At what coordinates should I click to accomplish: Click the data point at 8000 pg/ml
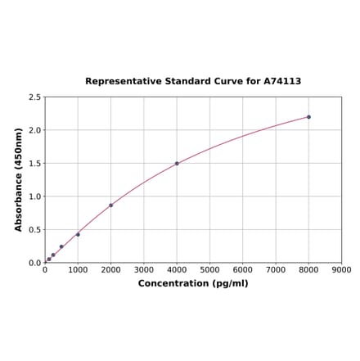click(308, 117)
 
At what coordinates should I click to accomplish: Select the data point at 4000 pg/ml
click(177, 164)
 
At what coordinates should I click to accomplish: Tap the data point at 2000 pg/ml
click(110, 205)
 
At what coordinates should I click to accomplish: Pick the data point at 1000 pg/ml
click(78, 235)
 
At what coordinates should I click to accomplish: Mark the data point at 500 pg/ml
click(61, 247)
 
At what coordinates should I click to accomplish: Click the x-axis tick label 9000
click(341, 269)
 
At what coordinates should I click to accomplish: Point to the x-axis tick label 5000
click(209, 269)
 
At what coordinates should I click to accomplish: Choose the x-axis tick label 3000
click(144, 269)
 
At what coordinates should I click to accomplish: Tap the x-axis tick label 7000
click(276, 269)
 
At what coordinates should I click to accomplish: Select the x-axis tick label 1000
click(78, 269)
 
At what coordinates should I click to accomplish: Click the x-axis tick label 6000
click(243, 269)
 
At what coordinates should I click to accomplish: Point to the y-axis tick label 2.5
click(35, 97)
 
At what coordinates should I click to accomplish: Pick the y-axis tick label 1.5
click(35, 164)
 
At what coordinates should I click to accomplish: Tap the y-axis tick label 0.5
click(35, 230)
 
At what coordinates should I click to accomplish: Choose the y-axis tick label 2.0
click(35, 130)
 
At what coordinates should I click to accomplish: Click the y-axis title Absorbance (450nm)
click(19, 179)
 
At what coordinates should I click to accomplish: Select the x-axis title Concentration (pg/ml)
click(193, 283)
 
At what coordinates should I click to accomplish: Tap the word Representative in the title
click(122, 82)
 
